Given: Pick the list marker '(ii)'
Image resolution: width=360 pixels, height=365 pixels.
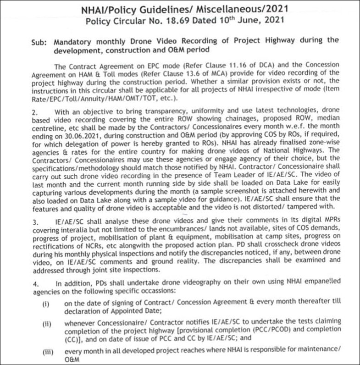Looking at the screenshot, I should (x=47, y=323).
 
